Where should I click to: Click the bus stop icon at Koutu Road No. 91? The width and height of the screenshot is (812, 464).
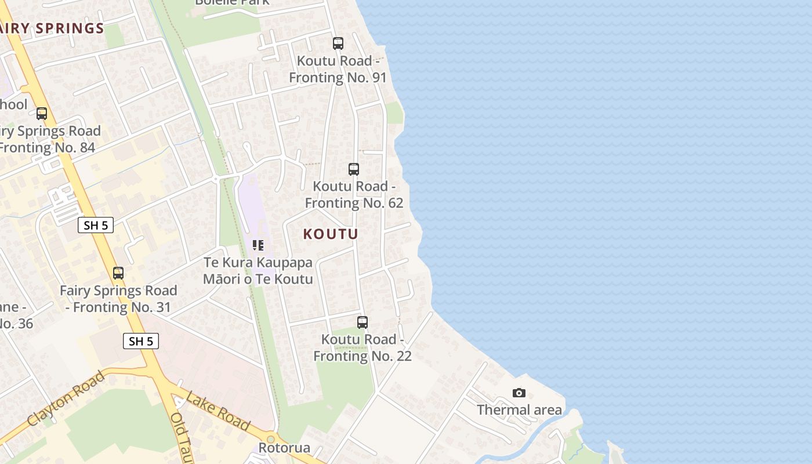(338, 43)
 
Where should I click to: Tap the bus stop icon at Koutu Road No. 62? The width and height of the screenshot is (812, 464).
(354, 169)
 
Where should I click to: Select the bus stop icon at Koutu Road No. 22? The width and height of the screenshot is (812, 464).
(362, 322)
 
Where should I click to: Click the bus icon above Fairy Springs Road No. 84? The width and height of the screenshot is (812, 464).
(42, 114)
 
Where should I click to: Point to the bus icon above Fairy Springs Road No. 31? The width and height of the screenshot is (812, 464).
(118, 273)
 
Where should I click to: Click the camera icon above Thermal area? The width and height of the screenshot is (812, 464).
(519, 393)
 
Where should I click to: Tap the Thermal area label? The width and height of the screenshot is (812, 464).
(519, 410)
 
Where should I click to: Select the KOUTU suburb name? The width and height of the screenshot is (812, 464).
(331, 234)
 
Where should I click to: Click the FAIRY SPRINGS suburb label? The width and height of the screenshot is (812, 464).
(52, 28)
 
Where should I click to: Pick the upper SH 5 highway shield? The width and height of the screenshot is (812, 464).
(96, 225)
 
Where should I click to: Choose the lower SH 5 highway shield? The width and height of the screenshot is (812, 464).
(141, 341)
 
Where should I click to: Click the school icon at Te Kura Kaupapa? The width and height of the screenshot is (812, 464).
(258, 245)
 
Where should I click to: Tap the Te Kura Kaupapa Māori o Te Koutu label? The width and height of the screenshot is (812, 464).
(258, 271)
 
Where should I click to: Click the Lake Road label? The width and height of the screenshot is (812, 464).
(218, 412)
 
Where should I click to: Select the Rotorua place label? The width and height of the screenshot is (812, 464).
(284, 448)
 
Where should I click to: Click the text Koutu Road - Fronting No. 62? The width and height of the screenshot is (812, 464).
(354, 195)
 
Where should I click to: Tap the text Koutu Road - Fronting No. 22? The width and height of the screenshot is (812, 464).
(362, 347)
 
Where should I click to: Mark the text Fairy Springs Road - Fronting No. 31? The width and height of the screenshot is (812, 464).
(118, 299)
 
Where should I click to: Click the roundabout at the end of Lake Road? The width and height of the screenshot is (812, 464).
(270, 439)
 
